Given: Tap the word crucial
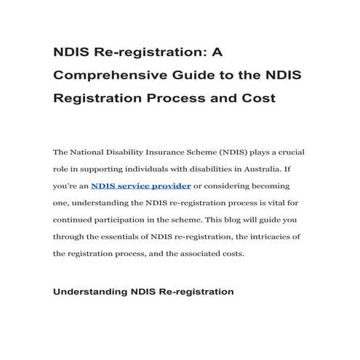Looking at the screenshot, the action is coord(289,153).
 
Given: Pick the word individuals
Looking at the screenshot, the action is coord(153,169).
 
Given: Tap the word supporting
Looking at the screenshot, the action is coord(101,169).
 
